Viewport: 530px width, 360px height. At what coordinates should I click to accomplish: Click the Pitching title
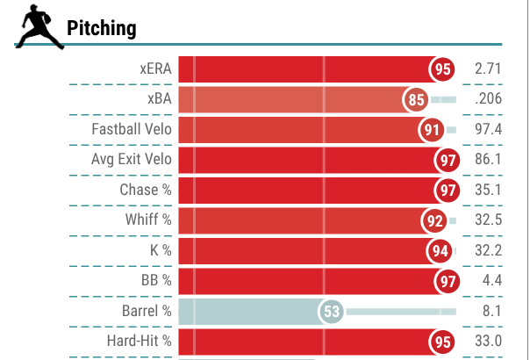[102, 28]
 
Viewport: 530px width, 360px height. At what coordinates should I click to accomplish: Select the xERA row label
[155, 69]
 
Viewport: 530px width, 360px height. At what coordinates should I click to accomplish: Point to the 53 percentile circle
[331, 312]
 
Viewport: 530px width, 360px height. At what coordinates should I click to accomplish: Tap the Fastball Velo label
[132, 130]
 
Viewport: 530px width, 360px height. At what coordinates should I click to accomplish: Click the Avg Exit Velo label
[132, 160]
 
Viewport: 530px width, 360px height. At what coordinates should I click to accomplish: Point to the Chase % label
[146, 191]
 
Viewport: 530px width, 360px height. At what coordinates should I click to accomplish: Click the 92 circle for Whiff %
[435, 220]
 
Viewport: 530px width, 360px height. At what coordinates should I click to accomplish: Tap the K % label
[160, 251]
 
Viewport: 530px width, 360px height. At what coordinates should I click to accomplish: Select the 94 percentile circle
[441, 251]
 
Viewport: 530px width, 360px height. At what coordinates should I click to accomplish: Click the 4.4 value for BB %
[491, 281]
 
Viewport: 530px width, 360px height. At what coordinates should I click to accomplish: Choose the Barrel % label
[147, 312]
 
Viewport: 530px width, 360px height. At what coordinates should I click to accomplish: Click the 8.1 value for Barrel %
[491, 312]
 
